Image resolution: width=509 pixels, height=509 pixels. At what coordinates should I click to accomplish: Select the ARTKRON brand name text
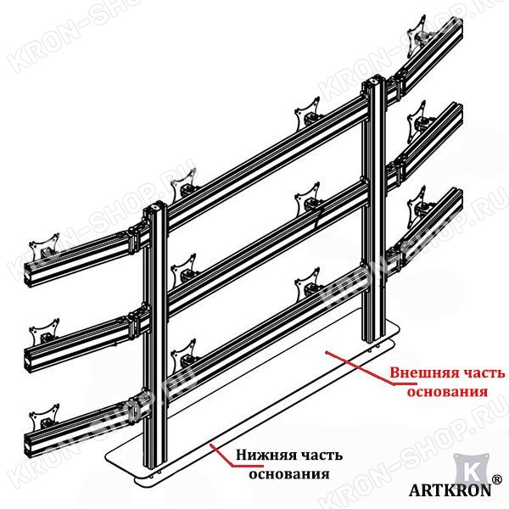(x=450, y=490)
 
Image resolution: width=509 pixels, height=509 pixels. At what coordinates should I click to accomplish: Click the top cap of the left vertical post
(x=155, y=206)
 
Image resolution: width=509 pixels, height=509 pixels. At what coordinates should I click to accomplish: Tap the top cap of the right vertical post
(x=374, y=79)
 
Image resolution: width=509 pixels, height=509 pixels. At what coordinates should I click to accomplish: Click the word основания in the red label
(x=448, y=392)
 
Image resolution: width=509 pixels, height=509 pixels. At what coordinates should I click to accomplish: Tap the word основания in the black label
(x=289, y=474)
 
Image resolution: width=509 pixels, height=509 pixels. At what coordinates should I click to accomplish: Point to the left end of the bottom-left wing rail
(x=28, y=444)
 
